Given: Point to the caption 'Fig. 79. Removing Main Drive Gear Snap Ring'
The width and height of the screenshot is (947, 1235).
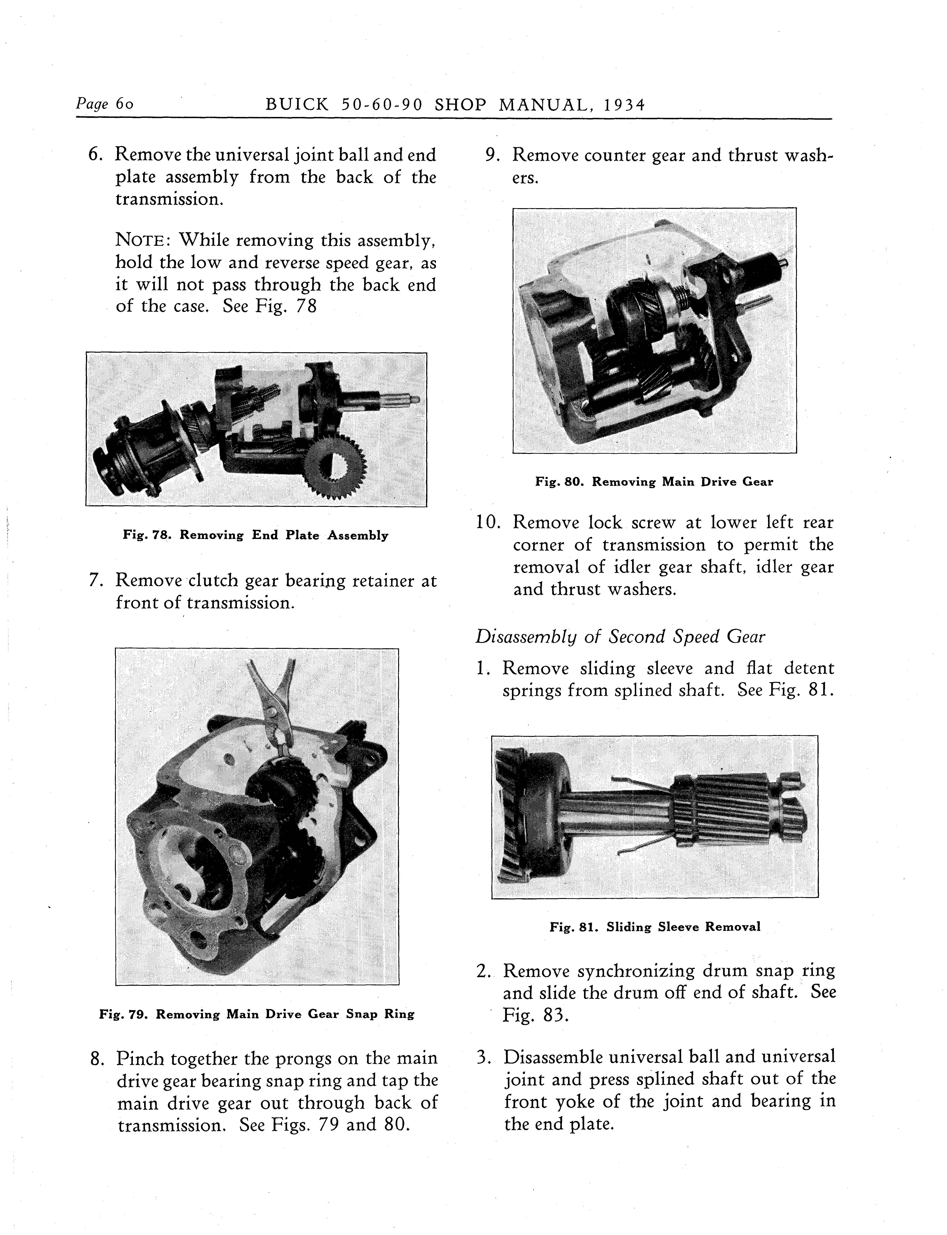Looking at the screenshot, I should click(x=257, y=1014).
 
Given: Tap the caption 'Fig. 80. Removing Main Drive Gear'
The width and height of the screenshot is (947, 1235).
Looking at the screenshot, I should click(x=654, y=482).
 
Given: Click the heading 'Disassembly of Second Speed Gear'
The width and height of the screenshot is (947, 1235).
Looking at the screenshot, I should click(x=620, y=637).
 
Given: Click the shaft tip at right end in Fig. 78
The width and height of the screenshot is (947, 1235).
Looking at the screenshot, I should click(x=416, y=400).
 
